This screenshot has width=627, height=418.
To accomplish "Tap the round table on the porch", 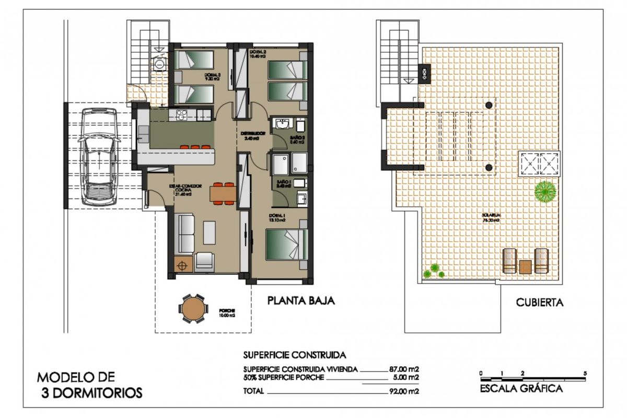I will coord(193,308).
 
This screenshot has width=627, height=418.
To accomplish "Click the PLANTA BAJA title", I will coord(300,301).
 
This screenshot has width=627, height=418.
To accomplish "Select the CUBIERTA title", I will coord(540,302).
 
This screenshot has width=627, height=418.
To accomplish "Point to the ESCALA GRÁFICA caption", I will coord(521,388).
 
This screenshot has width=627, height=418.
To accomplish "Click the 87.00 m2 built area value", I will coord(405,368).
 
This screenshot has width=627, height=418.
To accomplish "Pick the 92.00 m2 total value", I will coord(405,390).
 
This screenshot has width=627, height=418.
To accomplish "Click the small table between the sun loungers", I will coord(525,266).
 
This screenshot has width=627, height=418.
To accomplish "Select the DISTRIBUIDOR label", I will coord(253,134).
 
